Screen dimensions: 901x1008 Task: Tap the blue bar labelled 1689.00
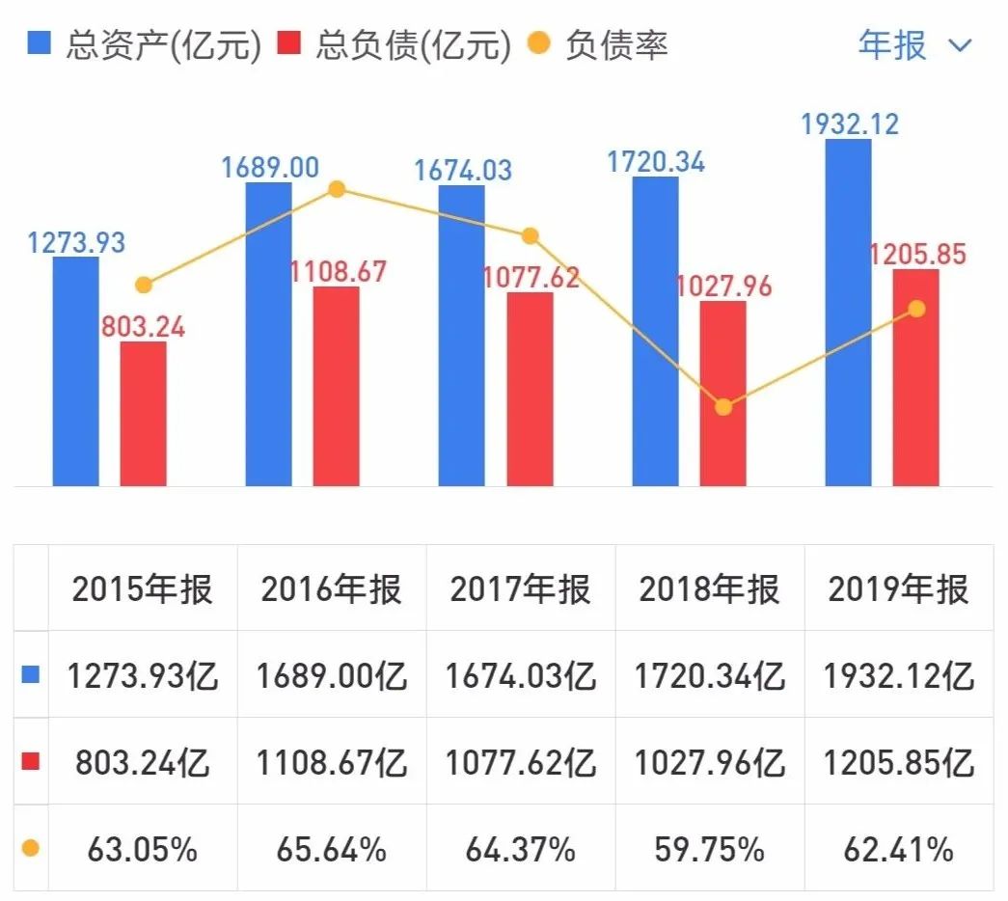[268, 333]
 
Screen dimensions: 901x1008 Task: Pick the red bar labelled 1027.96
[722, 393]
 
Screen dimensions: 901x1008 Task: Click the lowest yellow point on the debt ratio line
[723, 407]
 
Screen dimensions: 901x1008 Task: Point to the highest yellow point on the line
[337, 189]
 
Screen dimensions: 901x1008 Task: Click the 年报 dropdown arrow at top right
[961, 45]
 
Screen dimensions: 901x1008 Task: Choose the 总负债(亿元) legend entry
[396, 45]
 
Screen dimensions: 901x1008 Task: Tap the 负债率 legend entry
[598, 45]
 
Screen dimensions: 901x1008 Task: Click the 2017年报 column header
[520, 589]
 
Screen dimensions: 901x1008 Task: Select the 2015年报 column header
[142, 589]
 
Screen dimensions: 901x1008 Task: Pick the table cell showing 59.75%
[709, 850]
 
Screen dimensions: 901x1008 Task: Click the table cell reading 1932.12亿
[898, 676]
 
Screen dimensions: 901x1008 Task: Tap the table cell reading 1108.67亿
[331, 763]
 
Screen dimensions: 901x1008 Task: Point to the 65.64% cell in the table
[331, 850]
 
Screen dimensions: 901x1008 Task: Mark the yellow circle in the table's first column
[31, 850]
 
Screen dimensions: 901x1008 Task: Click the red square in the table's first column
[31, 763]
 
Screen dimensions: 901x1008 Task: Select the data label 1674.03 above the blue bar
[463, 171]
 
